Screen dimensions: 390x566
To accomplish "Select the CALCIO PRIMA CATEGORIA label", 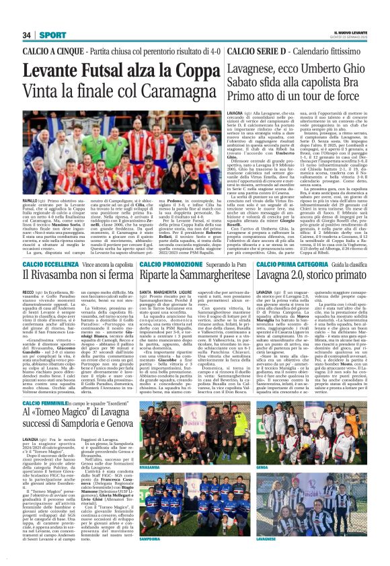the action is click(288, 264).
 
